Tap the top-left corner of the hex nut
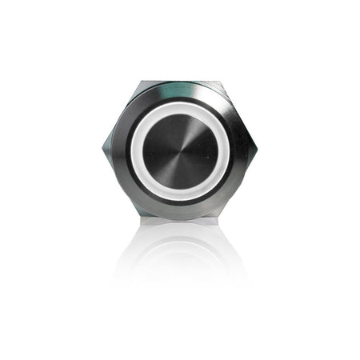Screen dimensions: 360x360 pyautogui.click(x=141, y=82)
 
